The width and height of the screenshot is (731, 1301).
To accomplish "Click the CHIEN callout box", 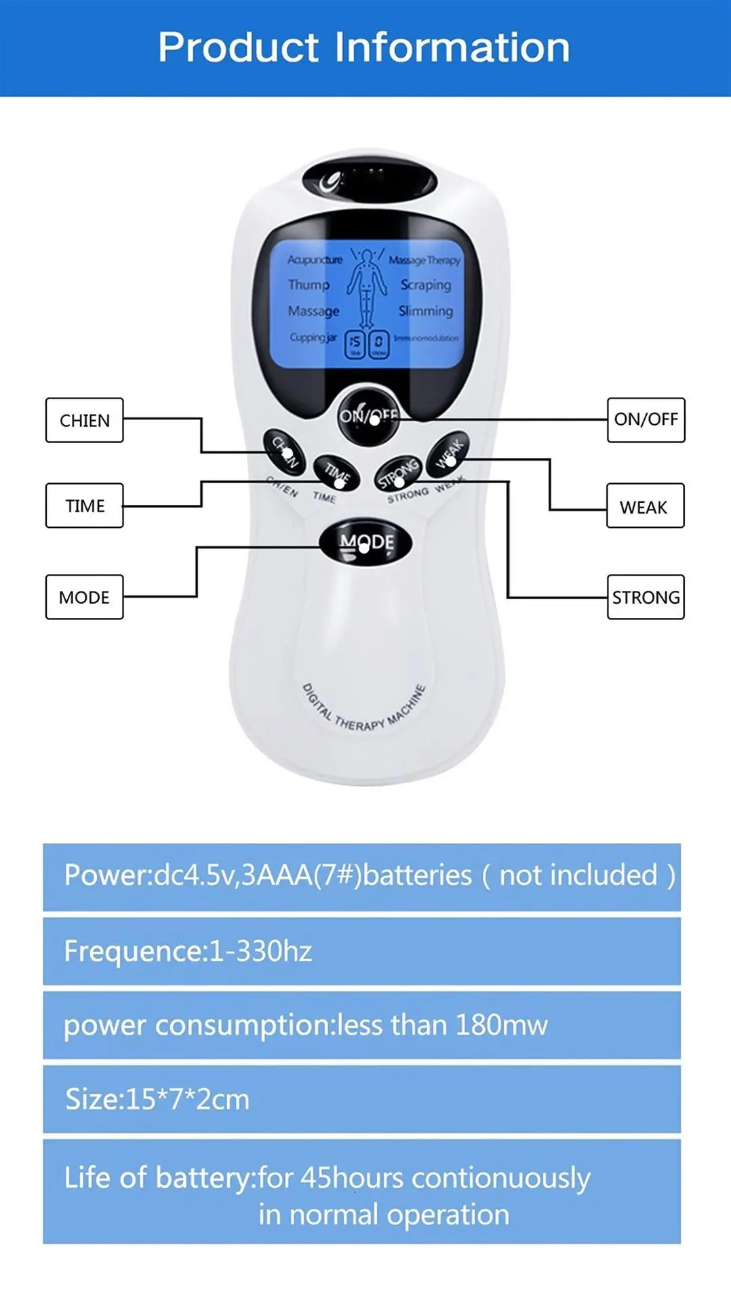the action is point(85,420).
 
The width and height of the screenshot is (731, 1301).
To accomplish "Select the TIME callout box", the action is point(85,505).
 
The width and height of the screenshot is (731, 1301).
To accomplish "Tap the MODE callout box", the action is point(85,597).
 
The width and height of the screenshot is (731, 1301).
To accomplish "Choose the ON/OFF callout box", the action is point(646,419).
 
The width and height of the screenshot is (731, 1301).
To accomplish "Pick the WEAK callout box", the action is point(645,506).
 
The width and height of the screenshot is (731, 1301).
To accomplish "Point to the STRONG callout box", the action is point(646,597).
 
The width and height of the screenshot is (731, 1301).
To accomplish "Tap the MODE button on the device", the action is point(366,542).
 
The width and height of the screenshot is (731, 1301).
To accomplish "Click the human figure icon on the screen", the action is point(367,288).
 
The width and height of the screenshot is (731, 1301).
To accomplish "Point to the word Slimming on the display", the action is point(425,311).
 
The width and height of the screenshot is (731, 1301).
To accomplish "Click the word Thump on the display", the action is point(309,285).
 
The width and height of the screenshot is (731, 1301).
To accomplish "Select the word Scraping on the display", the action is point(425,285).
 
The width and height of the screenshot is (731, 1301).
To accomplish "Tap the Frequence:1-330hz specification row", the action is point(361,951).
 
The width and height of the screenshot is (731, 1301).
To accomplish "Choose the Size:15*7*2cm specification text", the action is point(157,1099).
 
